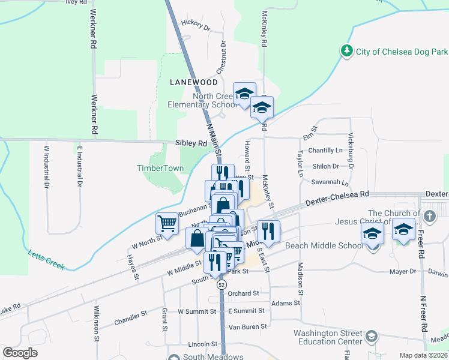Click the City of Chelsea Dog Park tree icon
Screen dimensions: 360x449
pyautogui.click(x=347, y=52)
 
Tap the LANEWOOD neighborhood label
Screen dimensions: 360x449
pyautogui.click(x=193, y=82)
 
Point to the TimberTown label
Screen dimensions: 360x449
pyautogui.click(x=160, y=169)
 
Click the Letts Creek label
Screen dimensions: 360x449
pyautogui.click(x=46, y=256)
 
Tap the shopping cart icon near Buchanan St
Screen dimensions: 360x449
pyautogui.click(x=167, y=224)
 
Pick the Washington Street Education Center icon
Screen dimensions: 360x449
pyautogui.click(x=372, y=337)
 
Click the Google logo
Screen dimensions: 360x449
pyautogui.click(x=20, y=353)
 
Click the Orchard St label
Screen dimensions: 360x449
pyautogui.click(x=243, y=293)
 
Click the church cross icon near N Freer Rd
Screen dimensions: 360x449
pyautogui.click(x=429, y=215)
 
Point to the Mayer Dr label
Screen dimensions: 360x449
pyautogui.click(x=403, y=271)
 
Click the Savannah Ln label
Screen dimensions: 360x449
pyautogui.click(x=330, y=182)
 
